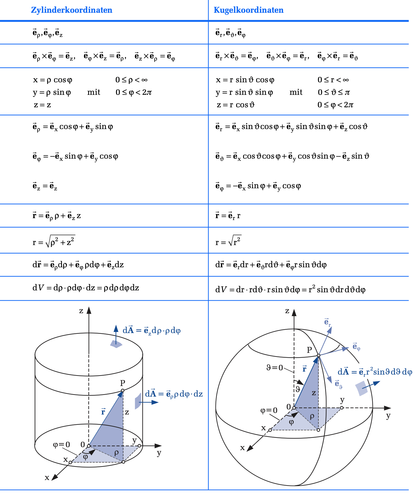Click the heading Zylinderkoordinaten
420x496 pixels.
point(71,10)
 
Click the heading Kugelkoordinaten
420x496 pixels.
point(248,10)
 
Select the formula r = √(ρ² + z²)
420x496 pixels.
point(54,241)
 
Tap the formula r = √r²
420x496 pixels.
point(228,241)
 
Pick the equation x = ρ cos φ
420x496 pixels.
point(52,80)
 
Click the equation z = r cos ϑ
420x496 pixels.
point(236,105)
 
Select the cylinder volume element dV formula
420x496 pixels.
point(86,288)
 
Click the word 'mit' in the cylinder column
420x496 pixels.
point(94,92)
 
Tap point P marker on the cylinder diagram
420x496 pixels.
point(123,390)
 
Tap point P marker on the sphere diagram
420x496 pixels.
point(319,355)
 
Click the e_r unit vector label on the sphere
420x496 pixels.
point(327,322)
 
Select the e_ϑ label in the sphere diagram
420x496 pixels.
point(338,384)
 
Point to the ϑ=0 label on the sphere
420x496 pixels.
point(275,368)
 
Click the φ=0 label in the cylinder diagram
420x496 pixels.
point(61,445)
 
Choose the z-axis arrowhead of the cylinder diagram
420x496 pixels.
point(89,310)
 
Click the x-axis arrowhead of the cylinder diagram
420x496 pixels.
point(55,477)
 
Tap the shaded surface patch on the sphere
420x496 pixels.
point(362,388)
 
